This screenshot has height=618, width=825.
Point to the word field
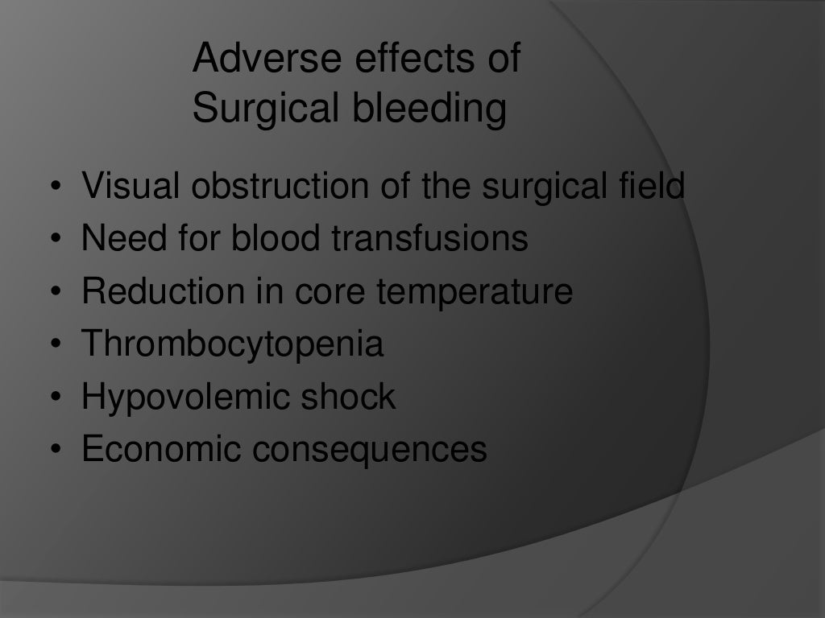coord(645,187)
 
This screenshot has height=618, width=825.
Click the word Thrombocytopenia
coord(233,345)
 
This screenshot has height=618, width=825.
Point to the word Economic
coord(162,449)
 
